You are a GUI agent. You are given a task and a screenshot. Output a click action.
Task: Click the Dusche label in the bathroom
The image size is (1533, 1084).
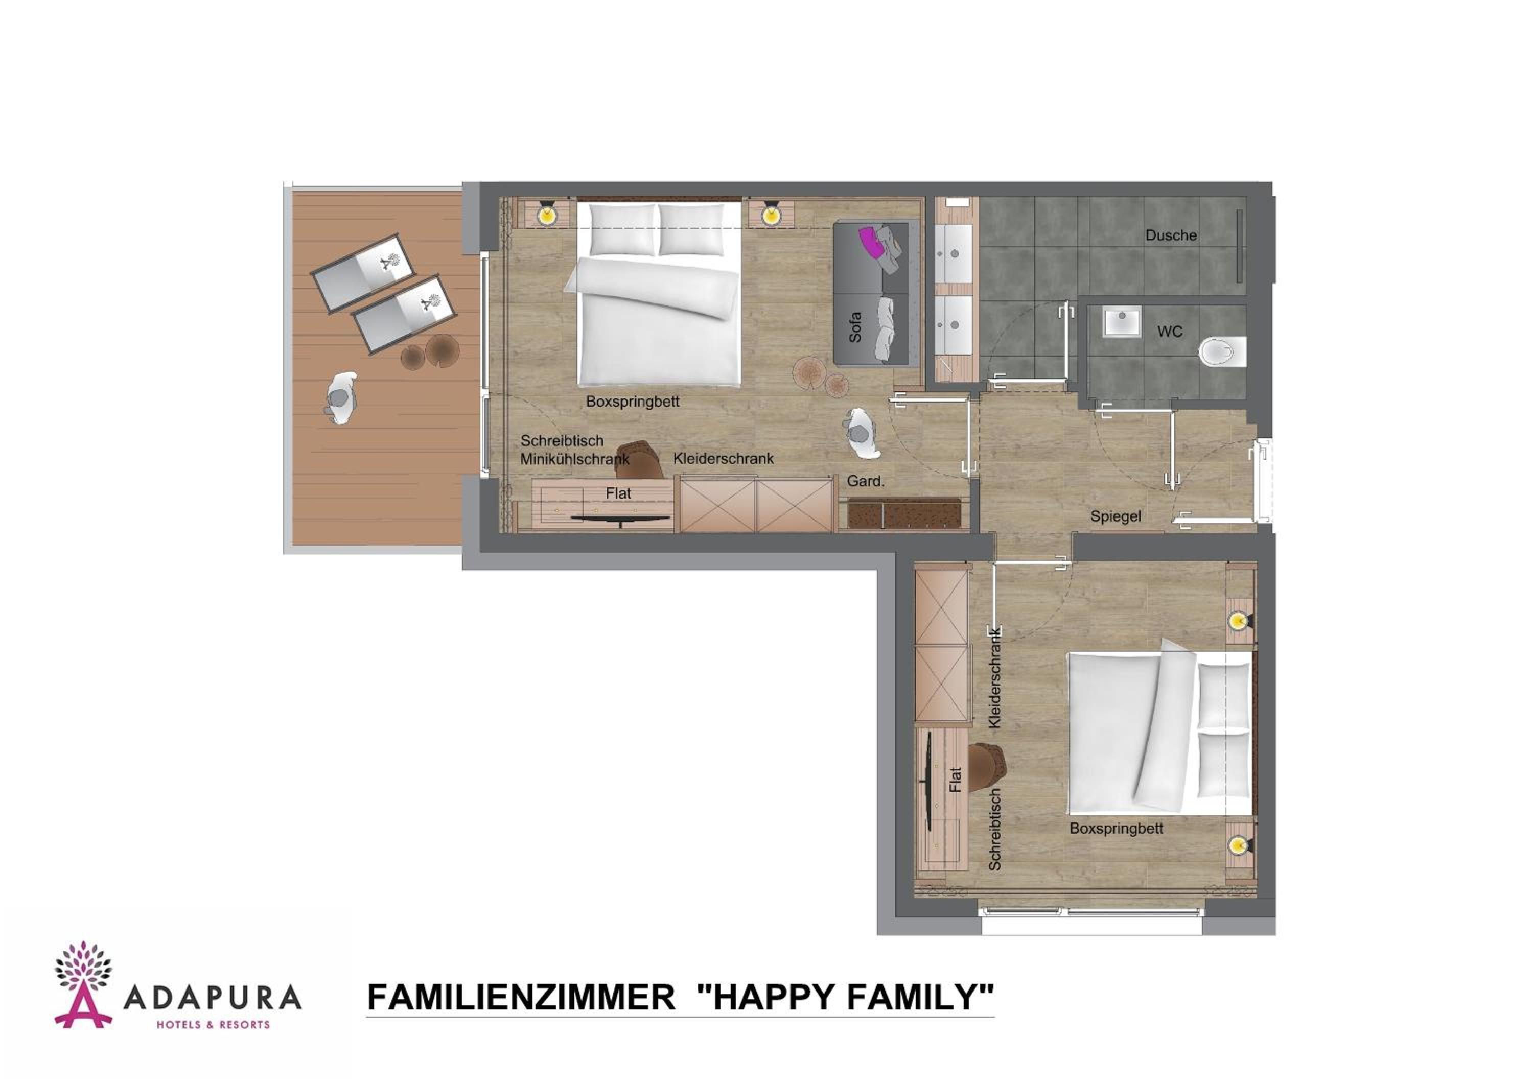pos(1171,235)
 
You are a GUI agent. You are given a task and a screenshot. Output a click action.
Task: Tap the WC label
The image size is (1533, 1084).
pos(1170,331)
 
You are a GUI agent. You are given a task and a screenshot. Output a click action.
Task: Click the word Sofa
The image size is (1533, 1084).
pos(854,327)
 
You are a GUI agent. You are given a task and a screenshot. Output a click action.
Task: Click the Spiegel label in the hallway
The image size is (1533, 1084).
pos(1115,516)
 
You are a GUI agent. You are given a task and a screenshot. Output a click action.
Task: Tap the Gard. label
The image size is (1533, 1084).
pos(865,481)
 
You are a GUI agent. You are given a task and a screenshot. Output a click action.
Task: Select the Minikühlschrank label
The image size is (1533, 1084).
pos(574,459)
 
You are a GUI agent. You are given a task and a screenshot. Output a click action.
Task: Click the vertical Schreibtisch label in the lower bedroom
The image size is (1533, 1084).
pos(995,829)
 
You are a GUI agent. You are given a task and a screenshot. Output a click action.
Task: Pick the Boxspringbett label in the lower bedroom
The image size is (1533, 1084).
pos(1117,829)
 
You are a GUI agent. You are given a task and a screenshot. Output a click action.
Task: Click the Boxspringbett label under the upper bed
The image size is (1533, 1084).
pos(632,401)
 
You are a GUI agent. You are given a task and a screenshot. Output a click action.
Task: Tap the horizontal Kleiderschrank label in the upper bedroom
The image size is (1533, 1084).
pos(723,459)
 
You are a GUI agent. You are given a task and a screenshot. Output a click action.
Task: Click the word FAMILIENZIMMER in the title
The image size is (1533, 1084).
pos(521,997)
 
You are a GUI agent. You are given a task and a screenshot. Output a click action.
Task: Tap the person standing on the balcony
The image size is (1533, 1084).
pos(340,398)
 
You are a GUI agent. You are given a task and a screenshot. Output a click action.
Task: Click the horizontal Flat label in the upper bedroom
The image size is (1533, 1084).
pos(618,493)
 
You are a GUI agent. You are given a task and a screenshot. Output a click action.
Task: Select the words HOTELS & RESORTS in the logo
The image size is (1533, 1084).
pos(213,1025)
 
